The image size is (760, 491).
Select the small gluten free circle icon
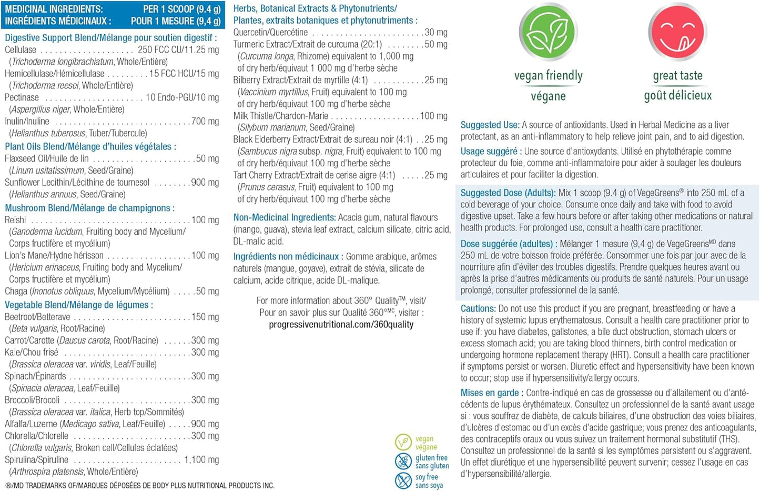[x=403, y=462]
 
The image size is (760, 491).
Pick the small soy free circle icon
[x=403, y=480]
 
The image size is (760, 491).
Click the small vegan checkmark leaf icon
[x=403, y=442]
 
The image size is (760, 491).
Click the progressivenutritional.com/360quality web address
[x=341, y=325]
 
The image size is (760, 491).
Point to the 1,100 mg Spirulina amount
[x=201, y=460]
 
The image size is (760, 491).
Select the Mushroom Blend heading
[x=89, y=208]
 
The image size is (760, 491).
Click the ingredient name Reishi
[x=15, y=220]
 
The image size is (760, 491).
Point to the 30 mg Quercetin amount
[x=436, y=33]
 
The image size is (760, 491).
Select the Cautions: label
[x=478, y=309]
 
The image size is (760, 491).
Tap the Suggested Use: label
[x=490, y=125]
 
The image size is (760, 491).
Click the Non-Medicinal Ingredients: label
[x=285, y=217]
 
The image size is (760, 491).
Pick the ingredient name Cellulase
[x=21, y=50]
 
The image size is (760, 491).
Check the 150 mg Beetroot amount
[x=205, y=317]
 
